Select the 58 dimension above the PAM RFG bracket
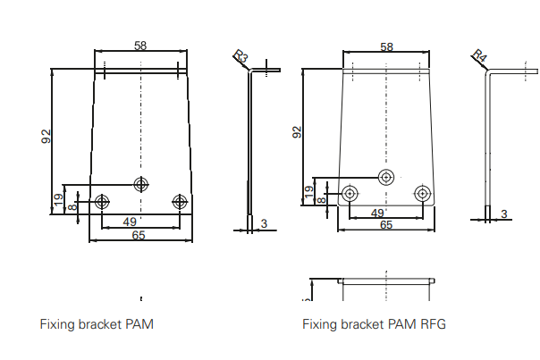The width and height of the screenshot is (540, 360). tap(386, 46)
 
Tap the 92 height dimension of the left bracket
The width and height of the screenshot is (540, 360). tap(46, 137)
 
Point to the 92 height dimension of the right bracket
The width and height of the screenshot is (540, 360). tap(297, 132)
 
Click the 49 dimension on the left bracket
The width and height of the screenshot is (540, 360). tap(129, 221)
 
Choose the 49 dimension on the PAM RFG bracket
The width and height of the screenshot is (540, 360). tap(376, 213)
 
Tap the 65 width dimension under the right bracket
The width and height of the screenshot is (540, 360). tap(386, 225)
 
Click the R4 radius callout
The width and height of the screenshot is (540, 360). tap(479, 57)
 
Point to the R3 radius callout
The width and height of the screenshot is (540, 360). tap(241, 57)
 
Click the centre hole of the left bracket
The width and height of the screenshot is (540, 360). tap(141, 184)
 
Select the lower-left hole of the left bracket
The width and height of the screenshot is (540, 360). tap(103, 200)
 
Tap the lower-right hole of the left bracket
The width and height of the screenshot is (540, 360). tap(181, 200)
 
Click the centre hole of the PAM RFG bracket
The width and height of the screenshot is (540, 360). tap(386, 177)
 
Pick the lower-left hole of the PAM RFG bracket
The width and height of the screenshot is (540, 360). tap(350, 192)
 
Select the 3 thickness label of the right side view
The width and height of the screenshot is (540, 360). tap(504, 213)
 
